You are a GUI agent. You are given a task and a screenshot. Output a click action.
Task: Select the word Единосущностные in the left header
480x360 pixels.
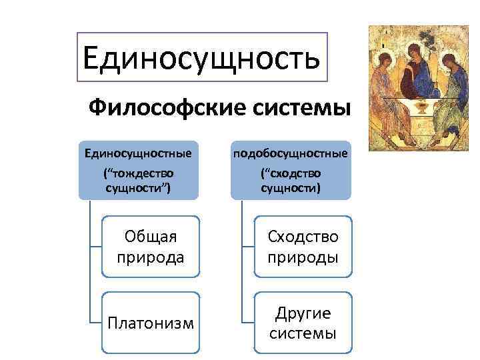(138, 154)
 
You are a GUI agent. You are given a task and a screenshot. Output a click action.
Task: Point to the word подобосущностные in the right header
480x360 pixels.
(291, 154)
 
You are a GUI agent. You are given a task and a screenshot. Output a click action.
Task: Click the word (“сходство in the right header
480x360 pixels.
(291, 173)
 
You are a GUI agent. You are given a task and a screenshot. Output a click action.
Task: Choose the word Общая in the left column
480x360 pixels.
(150, 236)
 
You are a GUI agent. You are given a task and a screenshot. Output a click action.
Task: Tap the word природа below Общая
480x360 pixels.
(150, 257)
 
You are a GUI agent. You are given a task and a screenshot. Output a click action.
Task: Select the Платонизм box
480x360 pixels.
(151, 323)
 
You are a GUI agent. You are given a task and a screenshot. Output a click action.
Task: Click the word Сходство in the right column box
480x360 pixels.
(303, 236)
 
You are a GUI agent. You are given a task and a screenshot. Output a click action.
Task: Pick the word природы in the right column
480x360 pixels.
(303, 257)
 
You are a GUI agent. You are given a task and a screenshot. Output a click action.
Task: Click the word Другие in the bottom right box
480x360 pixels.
(303, 313)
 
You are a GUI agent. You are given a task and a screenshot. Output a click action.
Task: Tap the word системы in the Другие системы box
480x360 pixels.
(303, 333)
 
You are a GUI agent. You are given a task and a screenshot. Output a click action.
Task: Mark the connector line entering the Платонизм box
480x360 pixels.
(95, 322)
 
